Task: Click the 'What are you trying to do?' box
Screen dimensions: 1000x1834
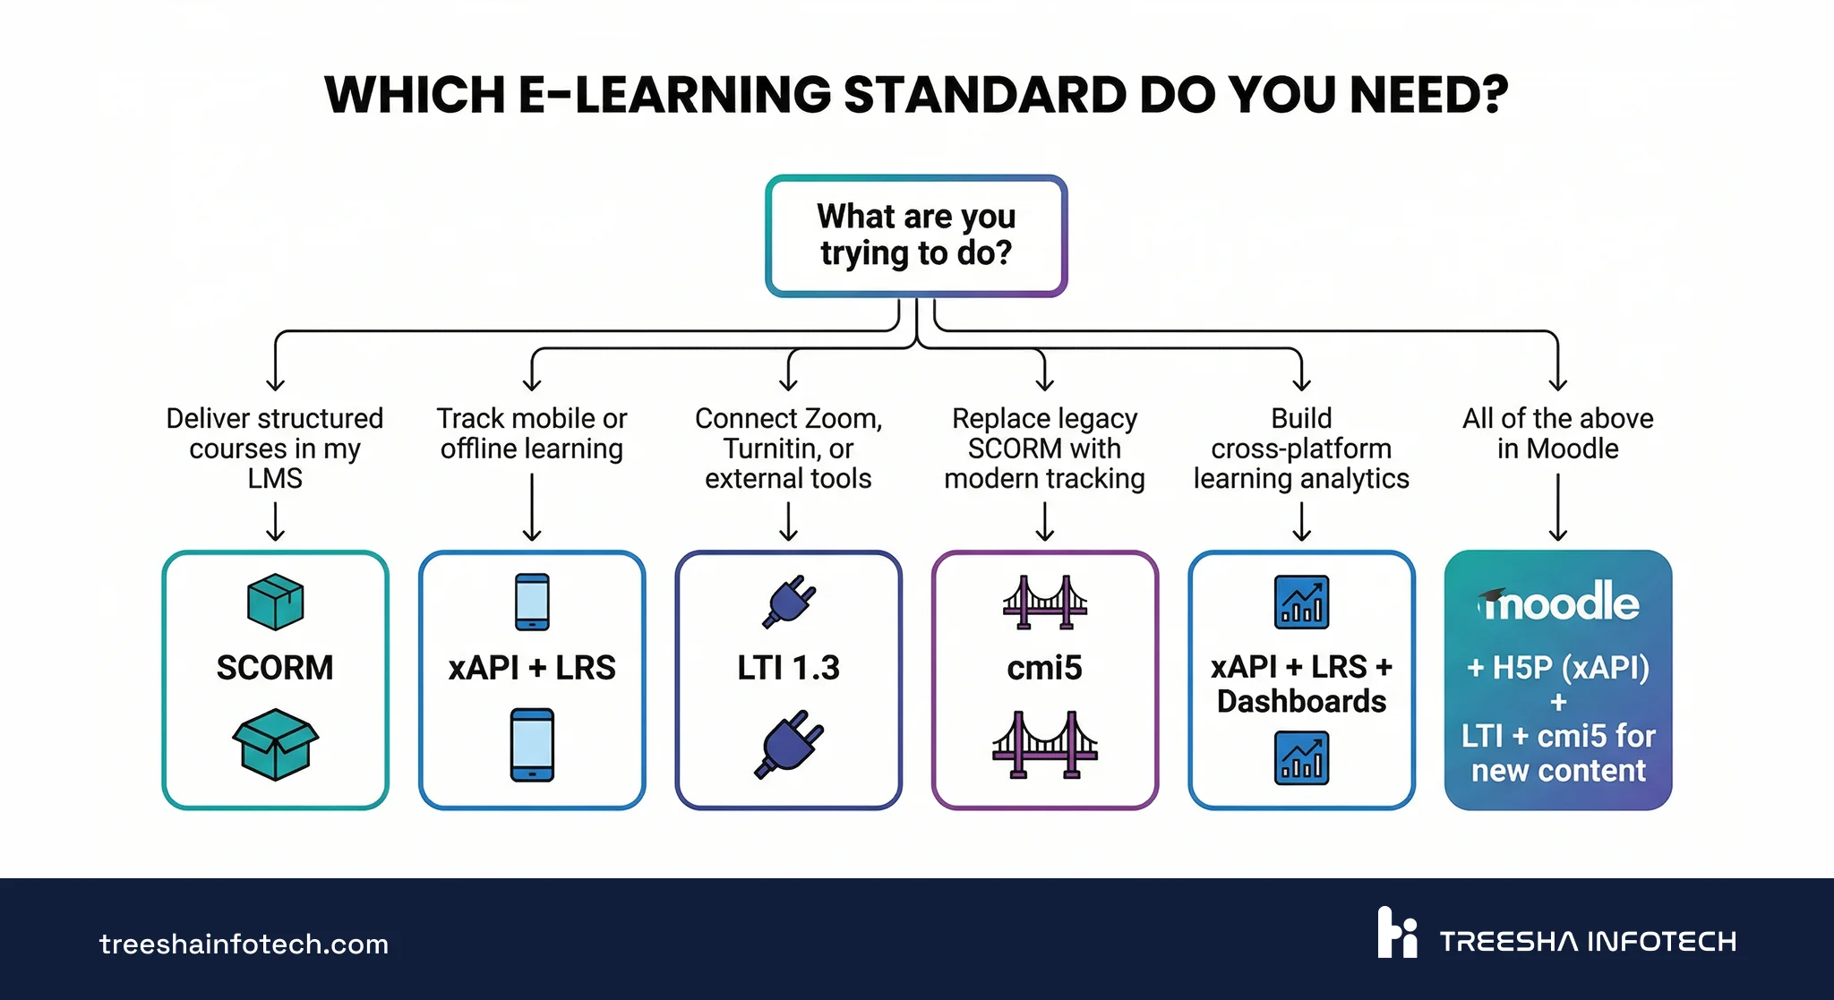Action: pyautogui.click(x=916, y=235)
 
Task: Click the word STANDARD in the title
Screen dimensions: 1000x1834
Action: pyautogui.click(x=984, y=95)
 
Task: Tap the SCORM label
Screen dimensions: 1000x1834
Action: pyautogui.click(x=275, y=668)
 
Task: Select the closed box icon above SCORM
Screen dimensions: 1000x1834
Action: pyautogui.click(x=275, y=602)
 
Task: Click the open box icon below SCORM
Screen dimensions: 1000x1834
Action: pyautogui.click(x=275, y=744)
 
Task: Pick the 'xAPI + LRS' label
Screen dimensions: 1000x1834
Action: pyautogui.click(x=532, y=668)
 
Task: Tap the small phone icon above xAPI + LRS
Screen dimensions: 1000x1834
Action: pyautogui.click(x=532, y=602)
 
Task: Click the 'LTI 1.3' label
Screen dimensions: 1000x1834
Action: pyautogui.click(x=788, y=668)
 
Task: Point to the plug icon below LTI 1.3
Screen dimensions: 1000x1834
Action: pyautogui.click(x=788, y=744)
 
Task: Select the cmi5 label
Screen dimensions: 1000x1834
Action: pyautogui.click(x=1044, y=668)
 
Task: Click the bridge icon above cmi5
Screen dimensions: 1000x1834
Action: pyautogui.click(x=1044, y=602)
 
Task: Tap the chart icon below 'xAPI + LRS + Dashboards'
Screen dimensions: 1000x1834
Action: pyautogui.click(x=1301, y=757)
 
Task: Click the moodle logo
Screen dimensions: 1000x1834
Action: pyautogui.click(x=1558, y=603)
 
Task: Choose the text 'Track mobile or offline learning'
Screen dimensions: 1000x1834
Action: pyautogui.click(x=532, y=433)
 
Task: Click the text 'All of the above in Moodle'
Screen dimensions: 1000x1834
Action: pyautogui.click(x=1558, y=433)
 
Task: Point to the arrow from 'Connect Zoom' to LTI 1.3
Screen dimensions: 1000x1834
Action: pyautogui.click(x=788, y=521)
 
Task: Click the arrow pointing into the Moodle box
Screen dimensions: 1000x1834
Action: pyautogui.click(x=1558, y=507)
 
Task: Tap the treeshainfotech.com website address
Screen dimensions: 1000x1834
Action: pyautogui.click(x=244, y=944)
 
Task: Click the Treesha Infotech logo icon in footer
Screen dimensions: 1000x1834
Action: pyautogui.click(x=1397, y=933)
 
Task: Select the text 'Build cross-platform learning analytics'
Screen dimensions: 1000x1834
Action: pyautogui.click(x=1301, y=449)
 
